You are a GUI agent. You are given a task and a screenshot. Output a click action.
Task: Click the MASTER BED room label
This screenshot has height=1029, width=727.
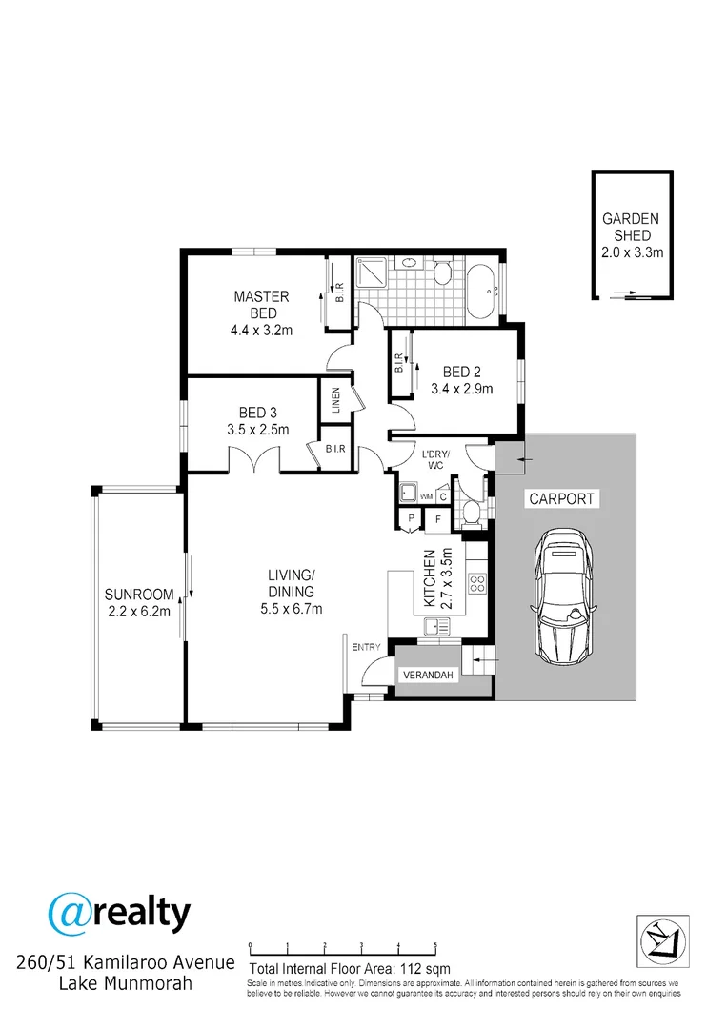point(260,305)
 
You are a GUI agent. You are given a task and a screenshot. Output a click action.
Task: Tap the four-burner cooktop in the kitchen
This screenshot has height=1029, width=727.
point(475,584)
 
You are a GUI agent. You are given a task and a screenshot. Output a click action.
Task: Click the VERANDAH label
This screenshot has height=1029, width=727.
point(427,675)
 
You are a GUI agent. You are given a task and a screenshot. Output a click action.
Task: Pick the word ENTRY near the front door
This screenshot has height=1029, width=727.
point(366,648)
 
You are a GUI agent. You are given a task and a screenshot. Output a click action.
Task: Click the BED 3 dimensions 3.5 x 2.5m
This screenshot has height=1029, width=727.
point(257,430)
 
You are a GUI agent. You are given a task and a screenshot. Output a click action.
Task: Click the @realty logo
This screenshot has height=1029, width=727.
point(119,914)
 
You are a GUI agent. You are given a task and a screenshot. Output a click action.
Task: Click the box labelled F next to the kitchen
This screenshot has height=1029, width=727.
point(438,519)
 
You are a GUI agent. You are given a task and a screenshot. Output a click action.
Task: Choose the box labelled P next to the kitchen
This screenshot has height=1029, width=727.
point(412,519)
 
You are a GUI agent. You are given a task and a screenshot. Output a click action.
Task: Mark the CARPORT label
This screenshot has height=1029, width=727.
point(561,498)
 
